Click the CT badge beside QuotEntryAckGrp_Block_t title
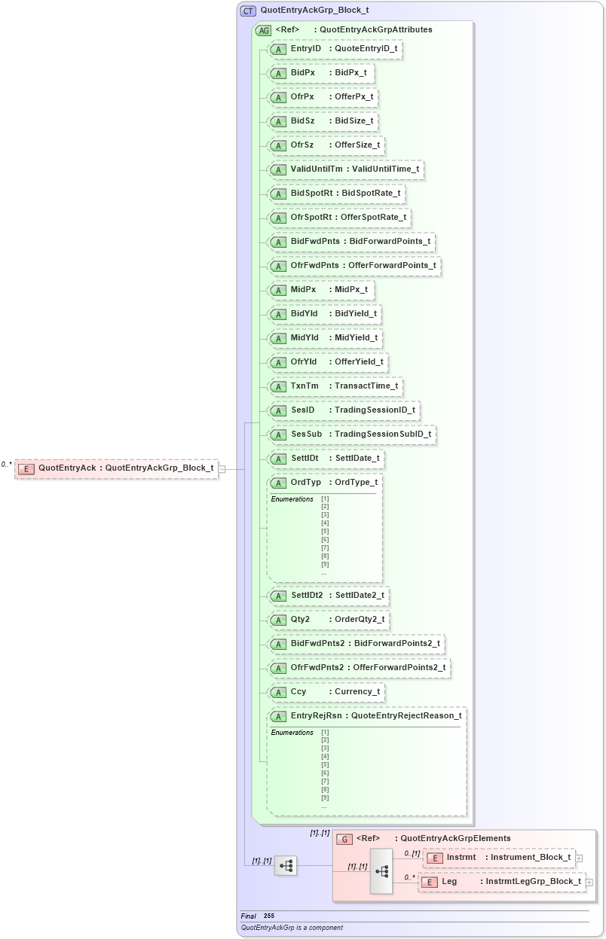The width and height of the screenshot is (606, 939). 248,11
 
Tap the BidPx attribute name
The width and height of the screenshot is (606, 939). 302,73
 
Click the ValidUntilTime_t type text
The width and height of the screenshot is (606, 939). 385,169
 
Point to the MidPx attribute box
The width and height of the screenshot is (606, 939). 321,290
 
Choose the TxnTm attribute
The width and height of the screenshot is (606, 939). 335,386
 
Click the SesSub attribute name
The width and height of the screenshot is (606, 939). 306,434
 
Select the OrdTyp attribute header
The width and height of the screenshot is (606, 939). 325,483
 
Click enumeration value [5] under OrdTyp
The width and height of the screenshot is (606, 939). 325,532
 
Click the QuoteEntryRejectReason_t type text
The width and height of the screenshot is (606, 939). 406,716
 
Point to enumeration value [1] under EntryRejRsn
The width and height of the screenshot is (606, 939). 325,733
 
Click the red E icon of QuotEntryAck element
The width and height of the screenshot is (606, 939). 26,469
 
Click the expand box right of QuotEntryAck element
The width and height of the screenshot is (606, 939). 222,469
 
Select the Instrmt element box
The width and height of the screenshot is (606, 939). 499,858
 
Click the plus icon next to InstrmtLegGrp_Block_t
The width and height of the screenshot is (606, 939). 589,882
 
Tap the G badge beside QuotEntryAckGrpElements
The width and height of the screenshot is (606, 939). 344,839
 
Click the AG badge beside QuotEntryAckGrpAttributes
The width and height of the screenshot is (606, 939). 263,31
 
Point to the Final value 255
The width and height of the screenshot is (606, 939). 269,916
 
